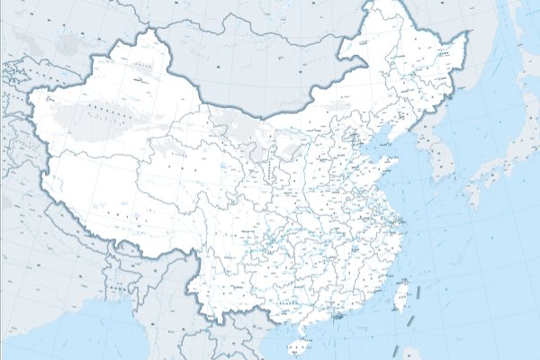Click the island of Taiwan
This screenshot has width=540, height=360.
pos(401,294)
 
